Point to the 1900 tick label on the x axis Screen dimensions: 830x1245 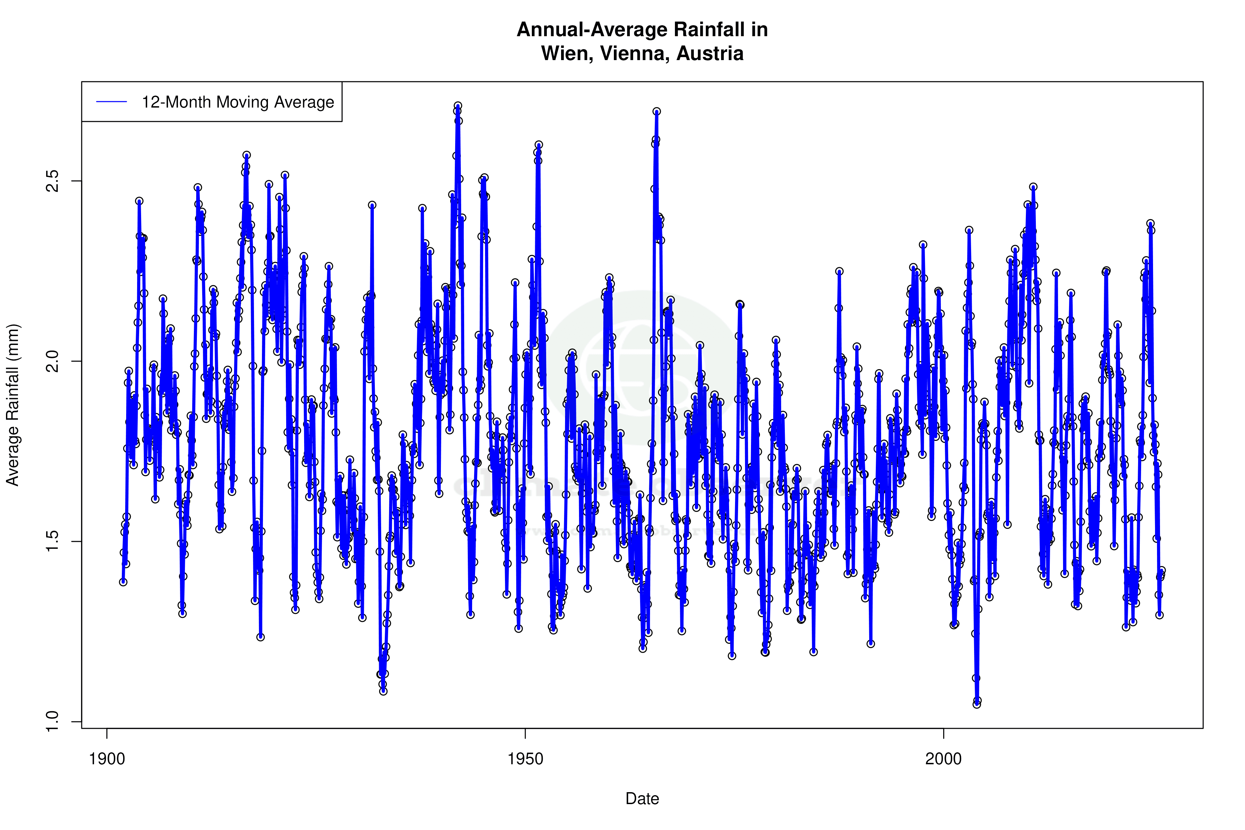pos(107,759)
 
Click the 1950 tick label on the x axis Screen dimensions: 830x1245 pos(525,759)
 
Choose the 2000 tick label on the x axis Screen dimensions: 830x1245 pos(943,759)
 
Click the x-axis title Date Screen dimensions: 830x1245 pos(642,799)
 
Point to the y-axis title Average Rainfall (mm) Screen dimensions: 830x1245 pos(13,405)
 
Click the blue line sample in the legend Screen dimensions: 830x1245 pos(112,102)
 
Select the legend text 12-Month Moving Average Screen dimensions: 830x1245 pos(238,102)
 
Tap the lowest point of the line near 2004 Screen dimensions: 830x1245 pos(977,704)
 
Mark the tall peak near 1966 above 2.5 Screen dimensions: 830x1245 pos(656,112)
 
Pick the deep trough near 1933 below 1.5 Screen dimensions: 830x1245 pos(383,691)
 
